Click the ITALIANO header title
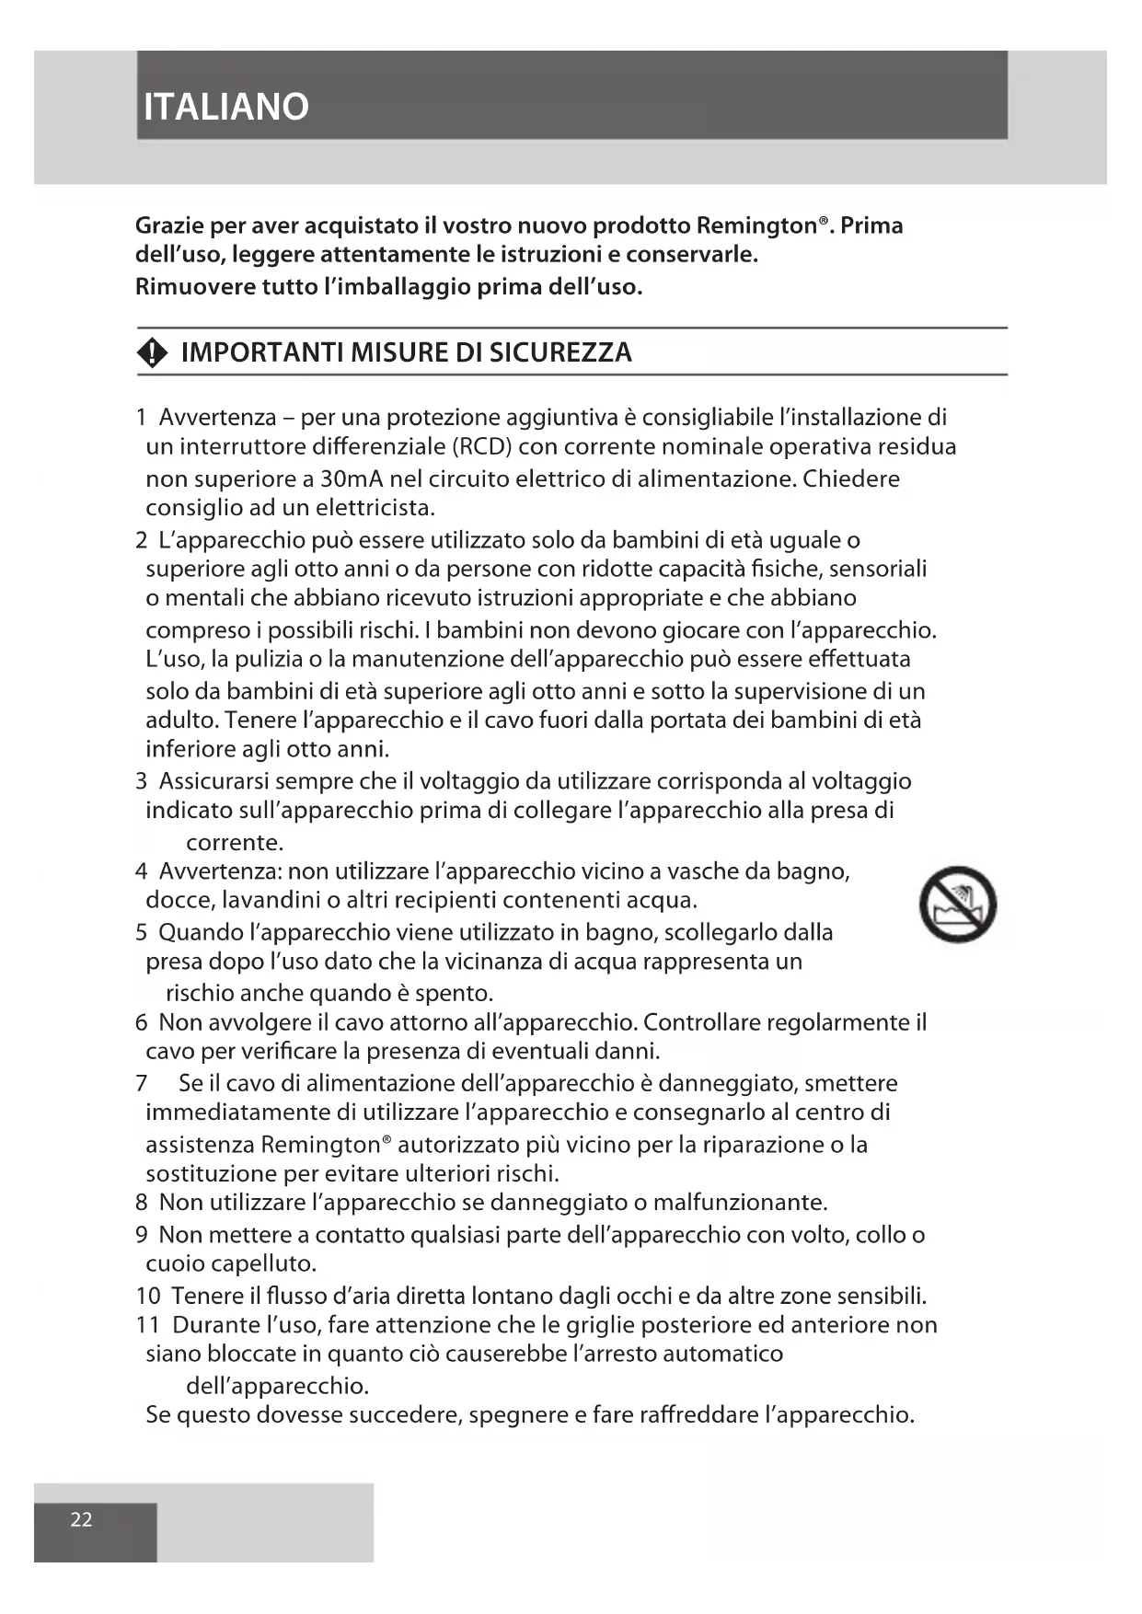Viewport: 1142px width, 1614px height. pyautogui.click(x=226, y=107)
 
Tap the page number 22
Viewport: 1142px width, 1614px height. pyautogui.click(x=82, y=1519)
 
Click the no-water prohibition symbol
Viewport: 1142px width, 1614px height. pyautogui.click(x=958, y=904)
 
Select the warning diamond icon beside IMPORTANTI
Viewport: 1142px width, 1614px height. pyautogui.click(x=152, y=353)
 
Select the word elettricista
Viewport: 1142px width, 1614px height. pyautogui.click(x=375, y=508)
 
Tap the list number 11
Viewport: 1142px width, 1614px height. pyautogui.click(x=148, y=1325)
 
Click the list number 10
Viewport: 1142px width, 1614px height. pyautogui.click(x=148, y=1297)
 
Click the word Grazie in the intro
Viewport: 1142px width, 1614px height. pyautogui.click(x=168, y=225)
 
